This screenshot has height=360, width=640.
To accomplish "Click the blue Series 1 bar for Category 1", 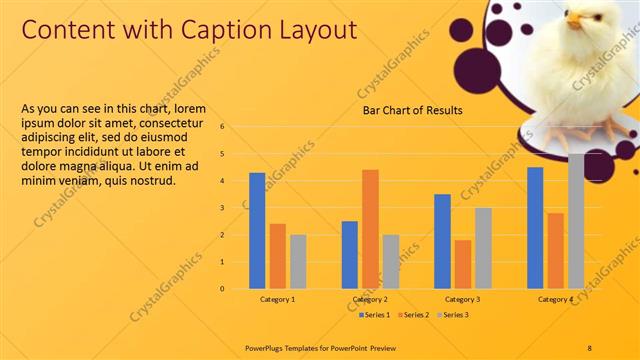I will [x=257, y=230].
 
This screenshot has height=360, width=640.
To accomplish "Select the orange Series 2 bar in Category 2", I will [x=370, y=229].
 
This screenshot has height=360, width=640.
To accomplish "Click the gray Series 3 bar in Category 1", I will [x=298, y=261].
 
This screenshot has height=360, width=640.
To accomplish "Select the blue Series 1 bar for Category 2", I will [x=350, y=254].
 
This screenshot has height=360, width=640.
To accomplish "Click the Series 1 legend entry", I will [x=376, y=315].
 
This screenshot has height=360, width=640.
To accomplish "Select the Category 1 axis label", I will [x=277, y=299].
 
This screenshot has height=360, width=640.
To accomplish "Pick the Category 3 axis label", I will [x=462, y=299].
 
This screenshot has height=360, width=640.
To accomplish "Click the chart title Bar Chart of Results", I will [x=412, y=111].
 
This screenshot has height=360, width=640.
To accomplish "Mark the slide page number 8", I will [x=590, y=347].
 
